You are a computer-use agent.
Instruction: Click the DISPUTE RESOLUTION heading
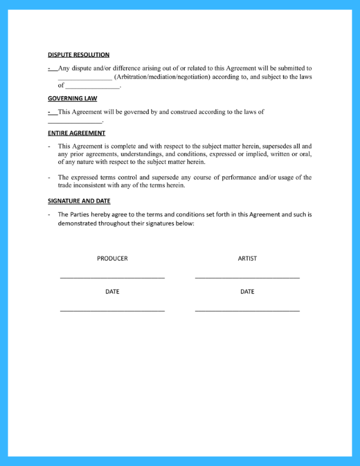point(79,55)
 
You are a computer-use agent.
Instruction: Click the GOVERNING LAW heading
point(72,98)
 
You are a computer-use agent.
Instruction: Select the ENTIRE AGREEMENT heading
point(76,133)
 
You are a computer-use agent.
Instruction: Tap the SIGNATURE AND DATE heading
point(79,201)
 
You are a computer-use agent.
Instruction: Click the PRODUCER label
point(112,259)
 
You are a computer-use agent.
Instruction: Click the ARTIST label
point(247,259)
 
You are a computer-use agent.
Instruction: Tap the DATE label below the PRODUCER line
point(112,292)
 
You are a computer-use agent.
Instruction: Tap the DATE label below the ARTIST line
point(247,292)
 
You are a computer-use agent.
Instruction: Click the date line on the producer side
point(112,310)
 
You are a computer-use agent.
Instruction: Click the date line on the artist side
point(247,310)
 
